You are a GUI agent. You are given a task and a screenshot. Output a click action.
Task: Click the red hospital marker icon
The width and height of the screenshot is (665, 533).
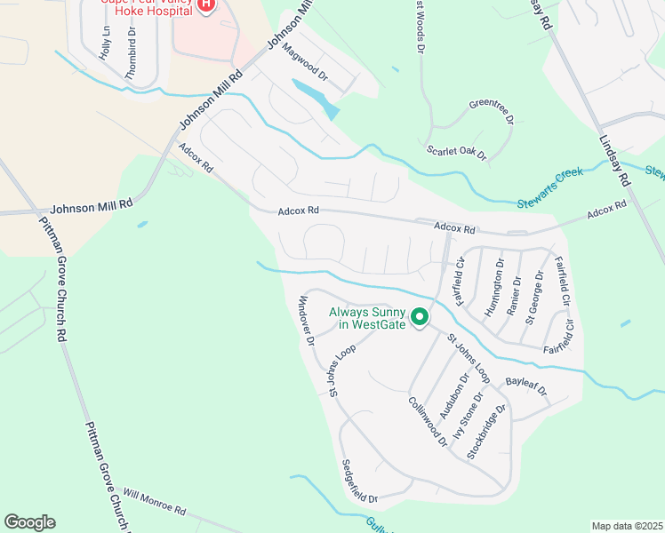pos(206,5)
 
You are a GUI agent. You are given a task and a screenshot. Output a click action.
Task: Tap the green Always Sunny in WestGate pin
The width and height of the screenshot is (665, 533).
pos(420,316)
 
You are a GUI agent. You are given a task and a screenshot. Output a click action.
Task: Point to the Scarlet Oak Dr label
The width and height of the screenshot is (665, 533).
pos(457,153)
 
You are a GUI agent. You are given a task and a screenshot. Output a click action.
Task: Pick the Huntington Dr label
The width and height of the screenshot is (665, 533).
pos(493,287)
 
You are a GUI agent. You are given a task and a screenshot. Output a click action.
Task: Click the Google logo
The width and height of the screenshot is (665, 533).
pos(29,521)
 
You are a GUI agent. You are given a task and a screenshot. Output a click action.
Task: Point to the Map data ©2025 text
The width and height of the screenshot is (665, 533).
pos(626,526)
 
